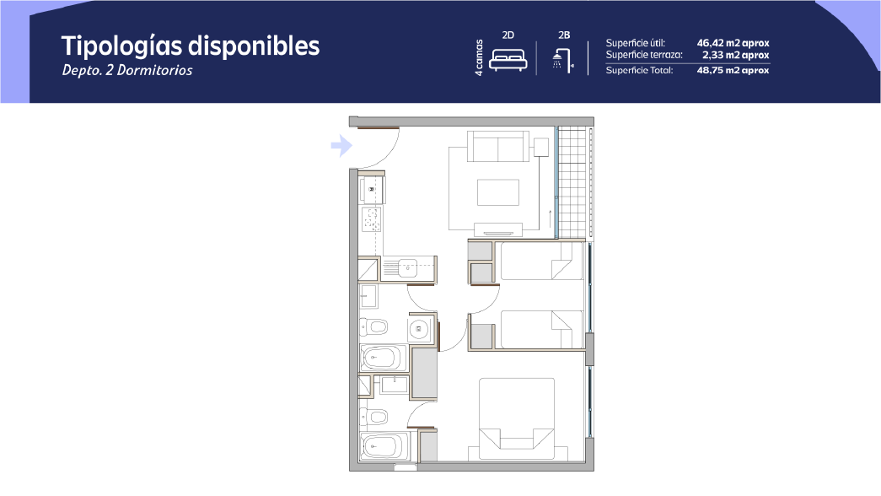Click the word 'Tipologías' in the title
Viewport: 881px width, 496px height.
point(122,46)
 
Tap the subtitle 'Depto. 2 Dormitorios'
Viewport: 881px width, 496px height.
point(127,70)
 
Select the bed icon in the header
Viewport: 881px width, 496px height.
point(508,60)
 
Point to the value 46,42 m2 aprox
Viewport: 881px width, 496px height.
point(733,43)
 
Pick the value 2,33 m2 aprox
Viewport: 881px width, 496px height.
point(735,55)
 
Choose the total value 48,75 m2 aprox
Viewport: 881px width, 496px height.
point(733,70)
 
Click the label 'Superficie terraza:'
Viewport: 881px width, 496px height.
point(644,55)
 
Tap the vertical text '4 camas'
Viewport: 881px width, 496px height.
point(479,57)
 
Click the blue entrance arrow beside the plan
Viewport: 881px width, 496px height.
point(341,146)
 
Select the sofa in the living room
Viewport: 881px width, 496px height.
point(498,146)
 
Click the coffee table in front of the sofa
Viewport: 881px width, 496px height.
point(498,192)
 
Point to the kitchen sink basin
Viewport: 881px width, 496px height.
point(407,268)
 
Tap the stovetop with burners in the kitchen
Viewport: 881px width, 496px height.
point(372,218)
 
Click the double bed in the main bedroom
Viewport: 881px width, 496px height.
point(517,413)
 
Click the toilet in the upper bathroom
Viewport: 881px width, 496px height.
point(373,326)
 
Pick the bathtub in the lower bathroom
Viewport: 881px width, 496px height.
point(384,447)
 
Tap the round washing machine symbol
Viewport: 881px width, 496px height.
point(419,329)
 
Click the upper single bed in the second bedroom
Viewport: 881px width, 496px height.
point(541,261)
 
